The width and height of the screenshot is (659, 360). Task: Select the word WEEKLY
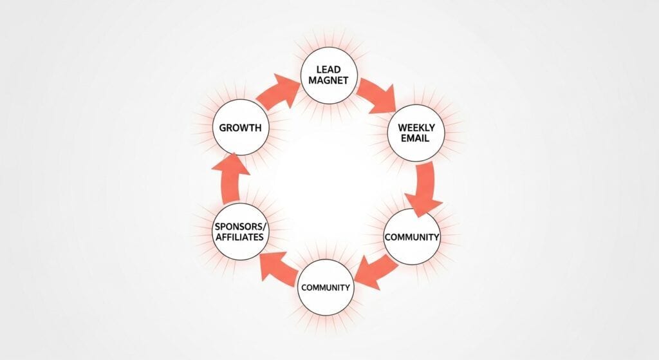tap(416, 128)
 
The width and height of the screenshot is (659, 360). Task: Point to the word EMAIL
tap(416, 138)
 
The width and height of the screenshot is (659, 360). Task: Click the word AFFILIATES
tap(239, 238)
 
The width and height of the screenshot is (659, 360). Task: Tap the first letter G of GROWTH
tap(223, 128)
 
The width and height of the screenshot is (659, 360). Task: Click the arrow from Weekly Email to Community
tap(425, 190)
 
